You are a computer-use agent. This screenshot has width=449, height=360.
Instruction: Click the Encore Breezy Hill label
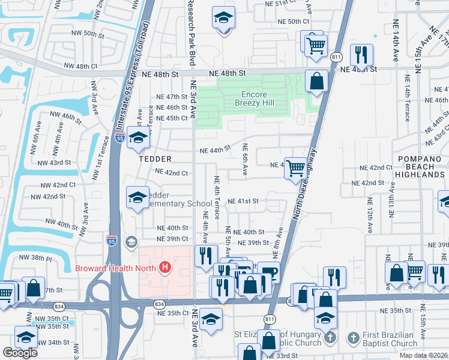[258, 99]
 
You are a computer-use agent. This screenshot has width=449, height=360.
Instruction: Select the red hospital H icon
[164, 268]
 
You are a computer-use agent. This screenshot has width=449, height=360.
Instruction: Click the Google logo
[20, 352]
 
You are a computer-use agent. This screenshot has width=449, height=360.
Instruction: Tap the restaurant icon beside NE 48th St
[361, 55]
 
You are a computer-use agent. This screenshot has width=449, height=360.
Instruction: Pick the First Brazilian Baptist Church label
[382, 339]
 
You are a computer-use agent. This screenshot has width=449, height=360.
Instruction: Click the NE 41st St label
[243, 201]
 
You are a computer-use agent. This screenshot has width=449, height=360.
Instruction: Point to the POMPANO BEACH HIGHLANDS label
[421, 166]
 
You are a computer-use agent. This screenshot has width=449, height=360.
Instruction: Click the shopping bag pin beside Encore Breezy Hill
[316, 81]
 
